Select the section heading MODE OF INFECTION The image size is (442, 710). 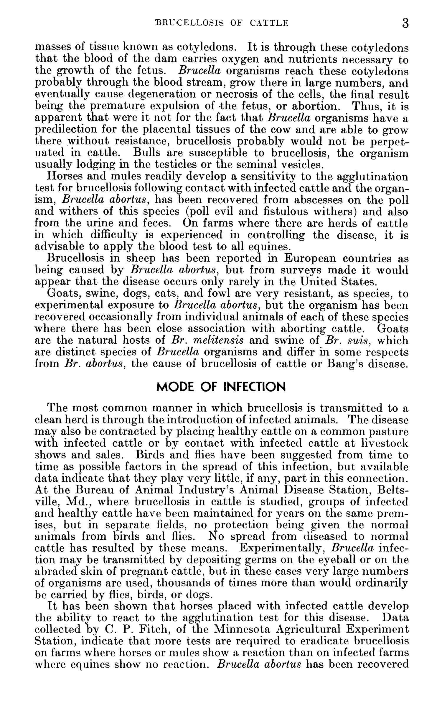click(x=221, y=387)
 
